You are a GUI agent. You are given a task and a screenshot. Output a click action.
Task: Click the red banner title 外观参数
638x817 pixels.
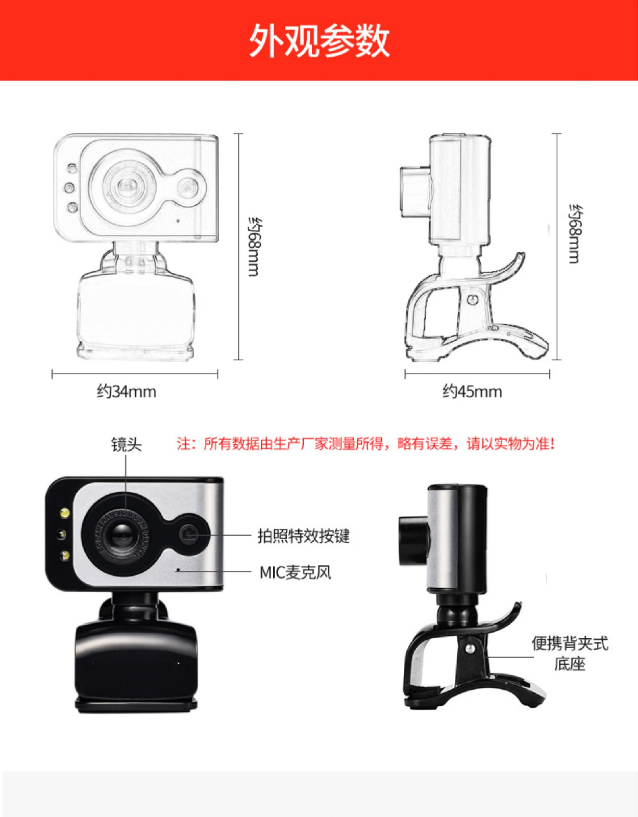(x=320, y=41)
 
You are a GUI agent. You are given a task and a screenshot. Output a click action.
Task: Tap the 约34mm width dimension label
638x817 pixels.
(x=127, y=392)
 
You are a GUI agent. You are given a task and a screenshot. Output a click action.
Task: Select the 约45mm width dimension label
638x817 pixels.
(x=472, y=392)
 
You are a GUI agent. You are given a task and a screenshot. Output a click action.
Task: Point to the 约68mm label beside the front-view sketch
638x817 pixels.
(x=253, y=247)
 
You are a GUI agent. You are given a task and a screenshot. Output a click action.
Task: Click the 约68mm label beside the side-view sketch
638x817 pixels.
(x=575, y=233)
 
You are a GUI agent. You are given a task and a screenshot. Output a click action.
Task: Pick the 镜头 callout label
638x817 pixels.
(x=126, y=444)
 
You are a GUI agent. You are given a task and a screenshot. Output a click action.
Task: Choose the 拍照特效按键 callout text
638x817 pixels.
(x=303, y=536)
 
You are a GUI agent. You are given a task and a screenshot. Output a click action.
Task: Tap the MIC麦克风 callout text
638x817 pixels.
(x=296, y=573)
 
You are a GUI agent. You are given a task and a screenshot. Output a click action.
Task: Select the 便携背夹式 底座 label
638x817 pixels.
(x=570, y=654)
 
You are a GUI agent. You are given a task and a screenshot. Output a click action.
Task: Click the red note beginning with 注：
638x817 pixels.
(x=366, y=444)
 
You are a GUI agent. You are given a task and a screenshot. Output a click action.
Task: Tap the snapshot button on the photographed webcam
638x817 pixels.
(x=189, y=534)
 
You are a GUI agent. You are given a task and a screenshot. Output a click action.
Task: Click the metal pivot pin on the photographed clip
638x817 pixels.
(x=469, y=648)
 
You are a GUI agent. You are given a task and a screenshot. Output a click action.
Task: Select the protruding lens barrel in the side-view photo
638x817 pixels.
(x=413, y=541)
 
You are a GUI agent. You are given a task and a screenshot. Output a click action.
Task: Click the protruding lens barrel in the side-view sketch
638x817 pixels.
(x=415, y=192)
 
